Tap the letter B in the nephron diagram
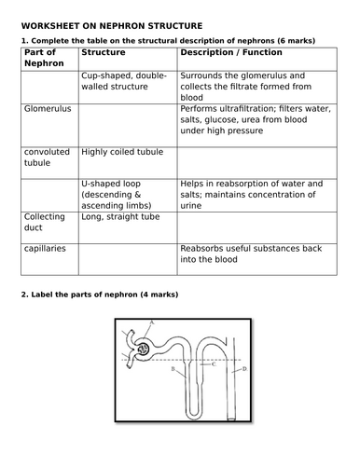[173, 370]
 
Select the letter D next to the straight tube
[245, 370]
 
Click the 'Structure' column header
[104, 53]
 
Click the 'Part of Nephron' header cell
[42, 59]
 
